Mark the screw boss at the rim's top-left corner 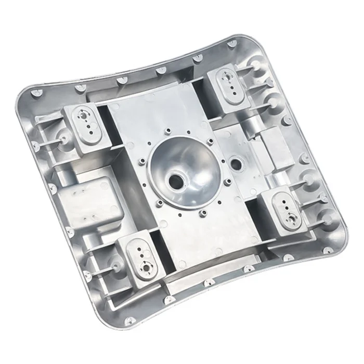tap(35, 93)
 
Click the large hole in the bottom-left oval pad tap(146, 267)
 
